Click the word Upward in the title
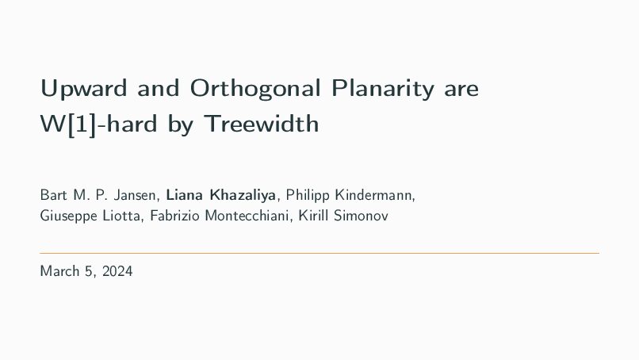83,88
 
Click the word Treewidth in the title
261,124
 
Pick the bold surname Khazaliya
243,196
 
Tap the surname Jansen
135,196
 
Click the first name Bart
53,195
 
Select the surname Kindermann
373,196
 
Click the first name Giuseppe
68,216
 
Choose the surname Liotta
121,216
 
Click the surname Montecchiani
247,216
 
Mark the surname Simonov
361,216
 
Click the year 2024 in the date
117,271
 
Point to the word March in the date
60,271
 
